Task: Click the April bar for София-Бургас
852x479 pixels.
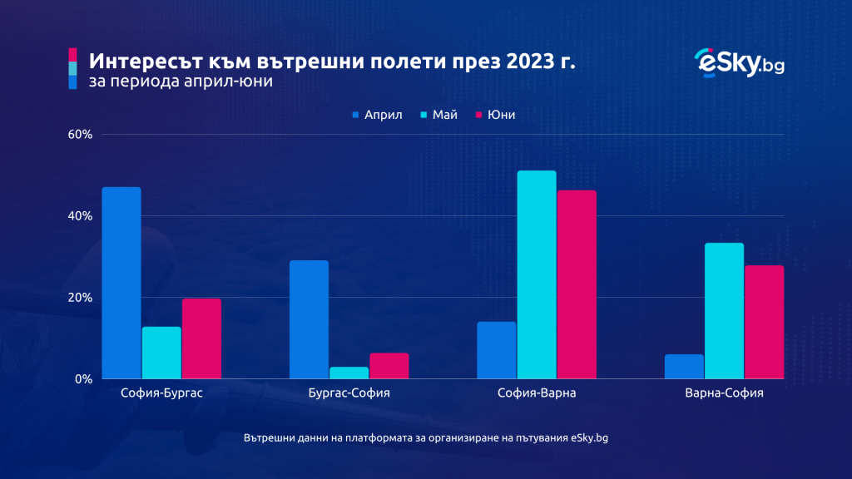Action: click(x=121, y=283)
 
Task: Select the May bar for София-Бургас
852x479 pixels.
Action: click(x=161, y=353)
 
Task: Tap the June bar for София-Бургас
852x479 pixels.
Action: click(x=201, y=338)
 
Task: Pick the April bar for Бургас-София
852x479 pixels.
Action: click(x=309, y=319)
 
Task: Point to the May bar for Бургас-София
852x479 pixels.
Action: click(x=349, y=373)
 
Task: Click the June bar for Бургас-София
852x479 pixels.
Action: click(x=389, y=366)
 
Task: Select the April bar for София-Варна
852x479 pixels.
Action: click(x=497, y=350)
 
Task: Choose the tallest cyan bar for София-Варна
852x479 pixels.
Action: click(x=537, y=274)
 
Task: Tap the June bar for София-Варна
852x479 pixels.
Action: click(x=577, y=284)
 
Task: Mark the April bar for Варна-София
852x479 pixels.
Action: click(x=684, y=367)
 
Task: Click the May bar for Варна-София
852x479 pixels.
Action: click(x=724, y=311)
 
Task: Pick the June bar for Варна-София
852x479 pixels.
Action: click(x=764, y=322)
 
